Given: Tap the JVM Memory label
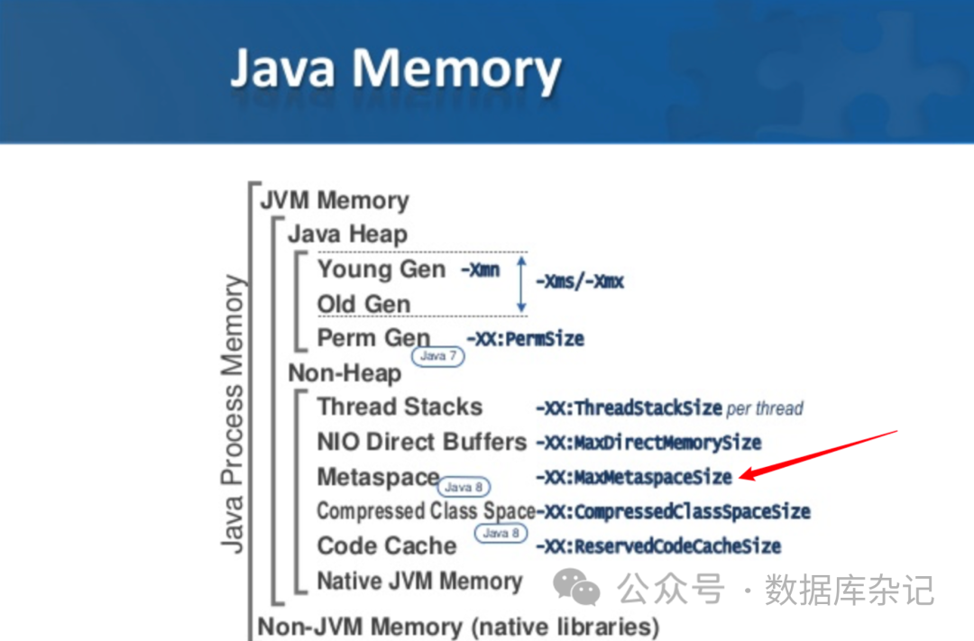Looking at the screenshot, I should coord(334,200).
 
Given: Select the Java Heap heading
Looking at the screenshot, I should coord(347,234).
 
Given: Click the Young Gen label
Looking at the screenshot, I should coord(381,270).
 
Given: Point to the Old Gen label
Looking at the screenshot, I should coord(363,304).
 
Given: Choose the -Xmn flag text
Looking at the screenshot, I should coord(480,270).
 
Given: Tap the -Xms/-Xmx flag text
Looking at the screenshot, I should coord(580,281).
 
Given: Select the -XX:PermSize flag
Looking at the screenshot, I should coord(525,339).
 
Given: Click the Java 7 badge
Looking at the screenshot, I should coord(439,356).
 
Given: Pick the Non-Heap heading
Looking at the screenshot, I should coord(345,372).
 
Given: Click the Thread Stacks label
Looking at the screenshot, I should coord(400,407).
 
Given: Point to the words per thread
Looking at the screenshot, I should coord(765,408).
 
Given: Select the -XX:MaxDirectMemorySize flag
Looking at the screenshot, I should coord(648,443).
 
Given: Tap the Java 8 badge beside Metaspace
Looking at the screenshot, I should coord(465,487).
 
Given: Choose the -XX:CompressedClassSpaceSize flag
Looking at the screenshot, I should coord(674,512).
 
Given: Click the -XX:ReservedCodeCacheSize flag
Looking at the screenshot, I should coord(657,546).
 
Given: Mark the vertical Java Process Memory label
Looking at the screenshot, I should coord(233,414).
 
